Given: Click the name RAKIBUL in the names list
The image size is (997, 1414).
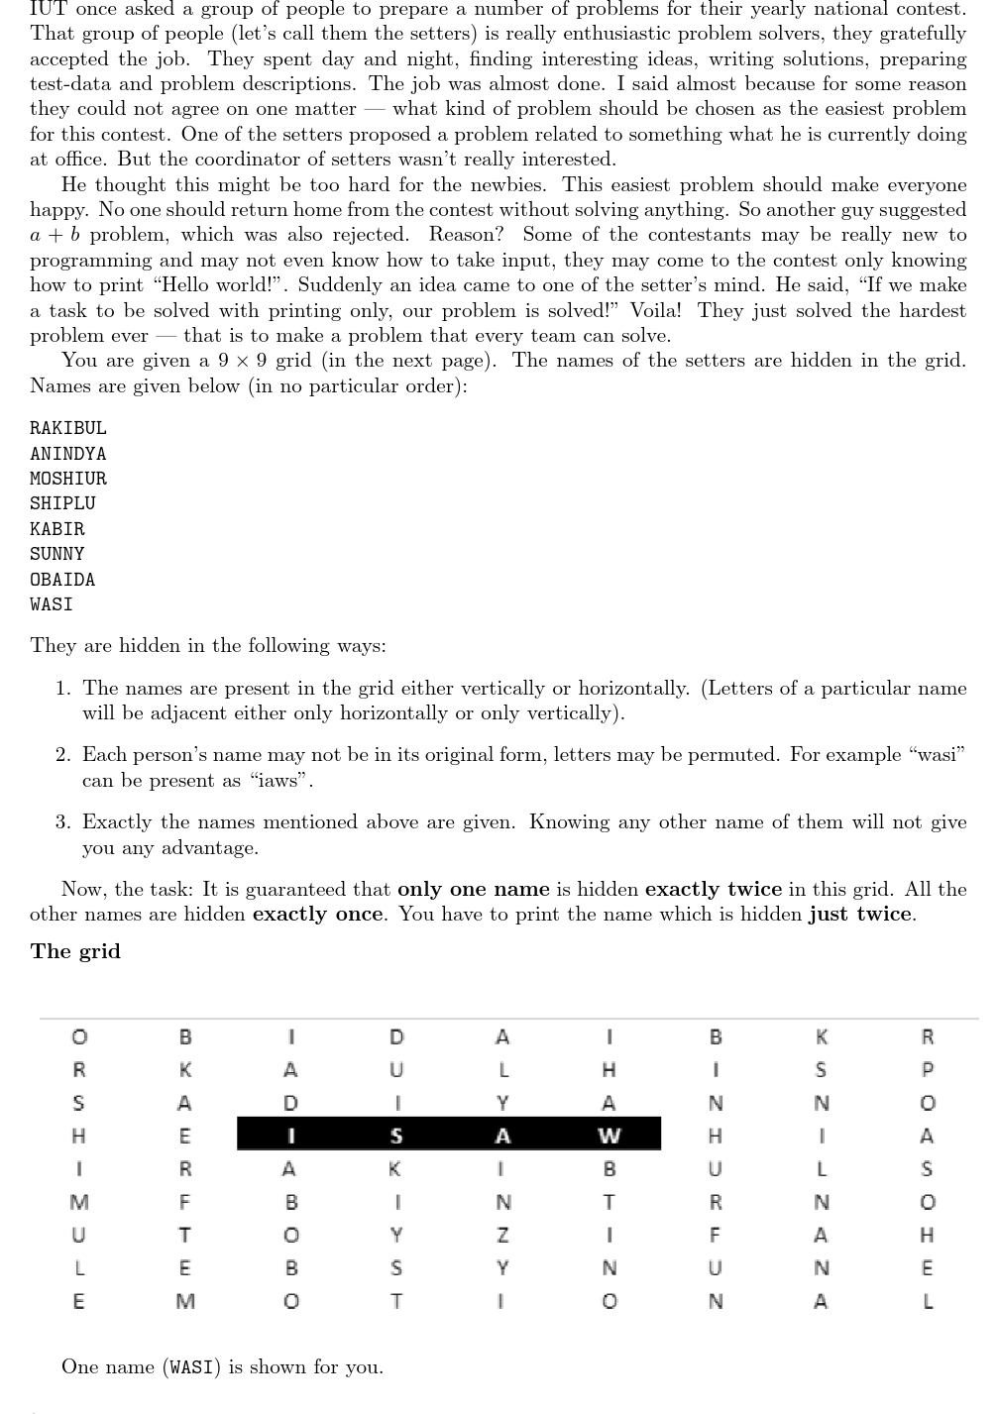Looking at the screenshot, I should coord(67,428).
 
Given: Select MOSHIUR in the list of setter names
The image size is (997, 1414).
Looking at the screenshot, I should coord(67,479).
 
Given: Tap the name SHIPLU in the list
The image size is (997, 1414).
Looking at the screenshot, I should coord(62,503).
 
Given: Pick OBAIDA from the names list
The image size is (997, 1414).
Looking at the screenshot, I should coord(62,580).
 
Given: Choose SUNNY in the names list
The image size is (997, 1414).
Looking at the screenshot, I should coord(56,554).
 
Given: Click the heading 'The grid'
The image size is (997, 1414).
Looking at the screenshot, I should coord(75,951).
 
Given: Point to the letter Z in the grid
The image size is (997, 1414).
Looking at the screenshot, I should coord(502,1236).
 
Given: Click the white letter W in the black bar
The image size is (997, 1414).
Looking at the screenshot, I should coord(609,1135).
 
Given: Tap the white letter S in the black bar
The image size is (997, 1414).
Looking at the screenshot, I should coord(396,1135).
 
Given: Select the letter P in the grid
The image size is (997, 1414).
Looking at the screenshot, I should coord(927,1070).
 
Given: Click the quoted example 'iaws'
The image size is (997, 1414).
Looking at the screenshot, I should coord(281,781).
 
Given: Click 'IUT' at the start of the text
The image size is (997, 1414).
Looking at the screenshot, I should coord(49,9).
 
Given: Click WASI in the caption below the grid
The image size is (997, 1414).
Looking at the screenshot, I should coord(191,1367).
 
